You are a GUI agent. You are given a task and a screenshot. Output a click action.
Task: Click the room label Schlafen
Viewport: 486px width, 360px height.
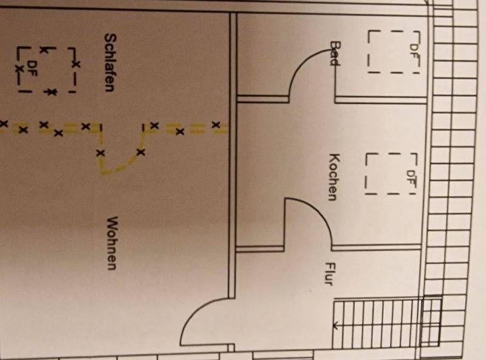[109, 63]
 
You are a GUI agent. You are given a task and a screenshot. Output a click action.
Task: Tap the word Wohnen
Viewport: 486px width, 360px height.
[112, 243]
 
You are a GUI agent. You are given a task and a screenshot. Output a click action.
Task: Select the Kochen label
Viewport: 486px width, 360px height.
[334, 177]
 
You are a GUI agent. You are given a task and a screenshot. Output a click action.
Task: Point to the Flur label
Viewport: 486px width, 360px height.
[329, 274]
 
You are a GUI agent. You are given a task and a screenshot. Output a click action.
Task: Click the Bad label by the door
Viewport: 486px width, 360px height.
[335, 54]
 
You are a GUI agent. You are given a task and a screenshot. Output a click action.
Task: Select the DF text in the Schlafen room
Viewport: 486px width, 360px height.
[32, 69]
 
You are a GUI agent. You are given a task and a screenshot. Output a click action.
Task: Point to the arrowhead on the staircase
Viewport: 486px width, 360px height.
[335, 325]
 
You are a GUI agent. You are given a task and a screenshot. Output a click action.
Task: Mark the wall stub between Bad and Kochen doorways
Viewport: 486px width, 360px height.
[263, 99]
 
